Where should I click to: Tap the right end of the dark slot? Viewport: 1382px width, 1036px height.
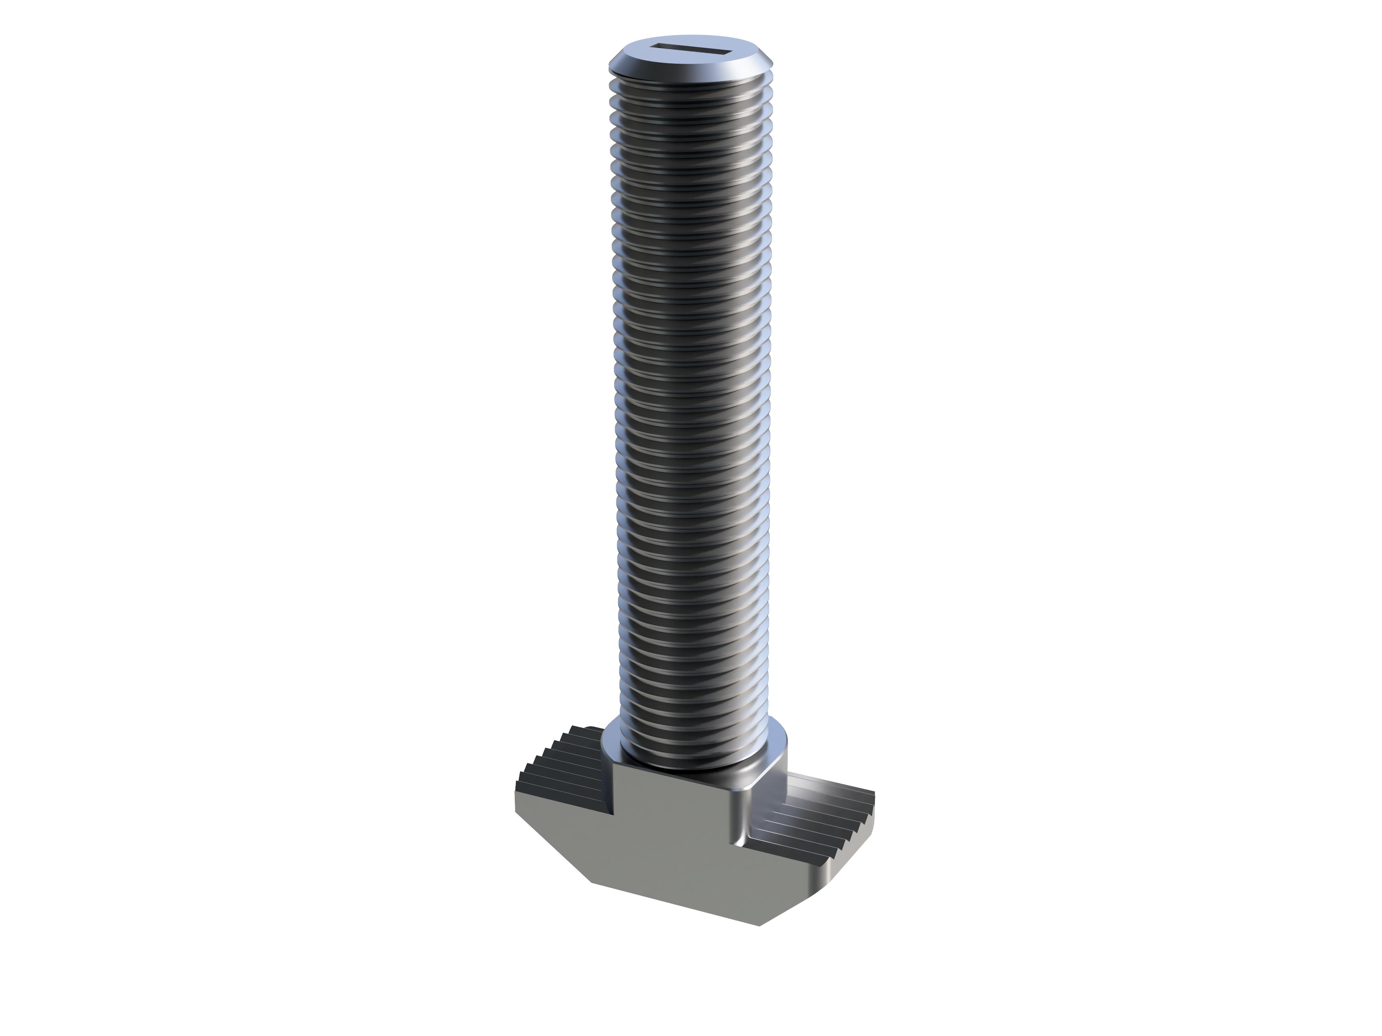coord(728,48)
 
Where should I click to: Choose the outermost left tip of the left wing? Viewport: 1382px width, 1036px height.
coord(516,806)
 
